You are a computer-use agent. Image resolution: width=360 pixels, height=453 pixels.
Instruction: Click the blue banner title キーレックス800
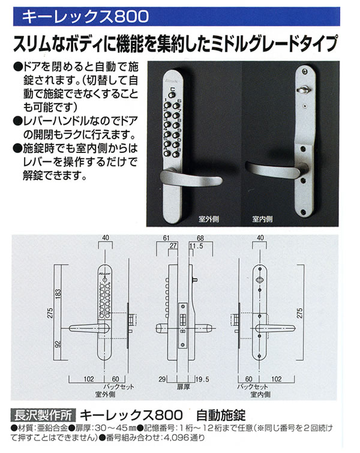(x=85, y=16)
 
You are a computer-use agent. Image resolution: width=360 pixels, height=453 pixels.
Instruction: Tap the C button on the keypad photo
(x=172, y=94)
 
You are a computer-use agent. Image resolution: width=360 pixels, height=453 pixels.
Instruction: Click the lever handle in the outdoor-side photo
(x=191, y=177)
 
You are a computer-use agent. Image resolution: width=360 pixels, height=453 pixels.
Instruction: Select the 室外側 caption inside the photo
(x=208, y=219)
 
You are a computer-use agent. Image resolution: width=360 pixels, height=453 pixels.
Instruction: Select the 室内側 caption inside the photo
(x=262, y=219)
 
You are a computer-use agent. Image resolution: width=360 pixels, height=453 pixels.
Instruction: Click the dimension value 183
(x=58, y=295)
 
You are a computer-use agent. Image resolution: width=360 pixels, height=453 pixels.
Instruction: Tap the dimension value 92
(x=58, y=344)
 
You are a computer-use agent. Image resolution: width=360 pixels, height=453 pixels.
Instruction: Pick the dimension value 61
(x=166, y=238)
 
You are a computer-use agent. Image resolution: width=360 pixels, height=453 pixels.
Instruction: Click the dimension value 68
(x=200, y=238)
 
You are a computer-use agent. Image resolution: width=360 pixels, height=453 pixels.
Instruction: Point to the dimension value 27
(x=173, y=246)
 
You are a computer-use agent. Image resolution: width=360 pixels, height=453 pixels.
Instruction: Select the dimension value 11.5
(x=196, y=246)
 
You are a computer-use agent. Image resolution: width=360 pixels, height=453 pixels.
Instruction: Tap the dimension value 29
(x=163, y=379)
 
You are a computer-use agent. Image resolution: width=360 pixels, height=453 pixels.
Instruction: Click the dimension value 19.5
(x=202, y=379)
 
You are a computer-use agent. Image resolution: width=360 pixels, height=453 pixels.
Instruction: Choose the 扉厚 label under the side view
(x=183, y=386)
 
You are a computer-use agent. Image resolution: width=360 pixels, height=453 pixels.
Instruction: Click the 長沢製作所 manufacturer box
(x=43, y=415)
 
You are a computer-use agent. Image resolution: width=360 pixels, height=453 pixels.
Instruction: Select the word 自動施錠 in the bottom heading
(x=221, y=415)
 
